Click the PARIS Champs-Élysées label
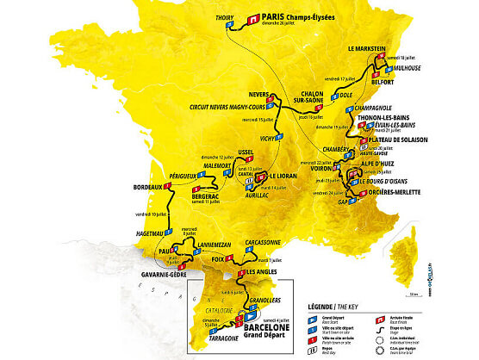click(303, 16)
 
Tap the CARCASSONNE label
click(264, 243)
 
